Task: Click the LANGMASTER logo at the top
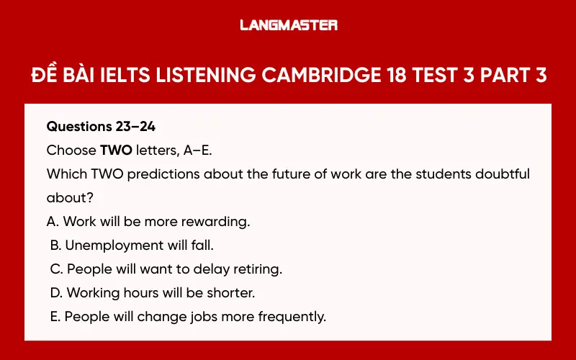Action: coord(288,25)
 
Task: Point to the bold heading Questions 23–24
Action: coord(101,127)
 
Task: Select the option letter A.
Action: coord(51,222)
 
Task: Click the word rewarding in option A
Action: coord(215,222)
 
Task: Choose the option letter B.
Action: coord(55,246)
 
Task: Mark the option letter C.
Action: coord(55,269)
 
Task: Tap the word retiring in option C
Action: coord(255,269)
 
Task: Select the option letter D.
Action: coord(55,293)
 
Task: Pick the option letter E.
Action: coord(55,317)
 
